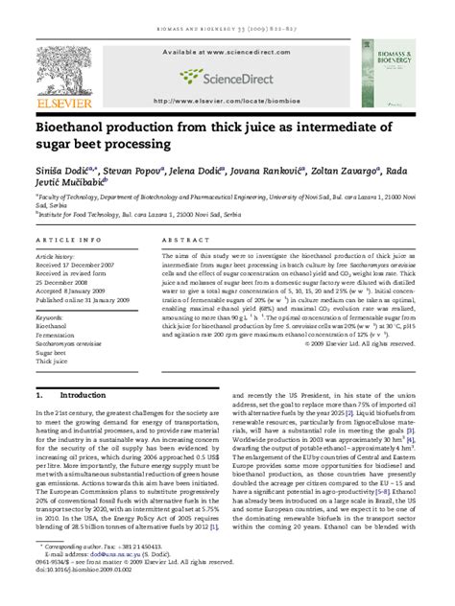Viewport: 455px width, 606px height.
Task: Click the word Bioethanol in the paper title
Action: pyautogui.click(x=71, y=128)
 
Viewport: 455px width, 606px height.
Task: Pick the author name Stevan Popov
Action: pyautogui.click(x=128, y=171)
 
